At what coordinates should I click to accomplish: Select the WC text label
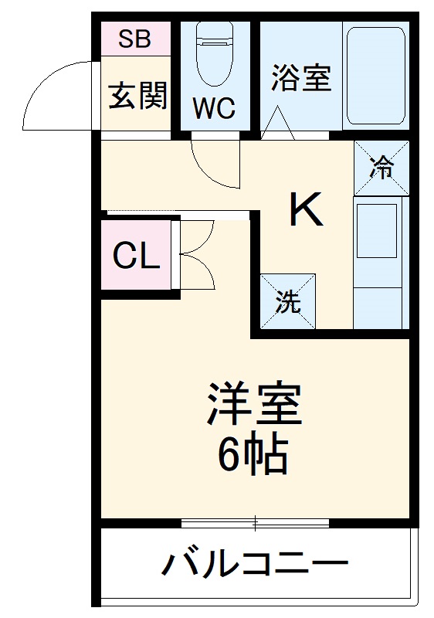tap(214, 109)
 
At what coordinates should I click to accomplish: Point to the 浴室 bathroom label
tap(301, 77)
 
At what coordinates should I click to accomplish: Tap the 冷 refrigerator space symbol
tap(381, 168)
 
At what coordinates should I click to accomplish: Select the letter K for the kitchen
tap(306, 209)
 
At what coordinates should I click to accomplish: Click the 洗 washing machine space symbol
tap(287, 302)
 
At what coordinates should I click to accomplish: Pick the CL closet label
tap(137, 256)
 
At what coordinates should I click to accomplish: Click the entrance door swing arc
tap(54, 97)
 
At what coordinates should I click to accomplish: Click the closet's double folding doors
tap(195, 256)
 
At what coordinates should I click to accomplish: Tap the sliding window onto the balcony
tap(255, 523)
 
